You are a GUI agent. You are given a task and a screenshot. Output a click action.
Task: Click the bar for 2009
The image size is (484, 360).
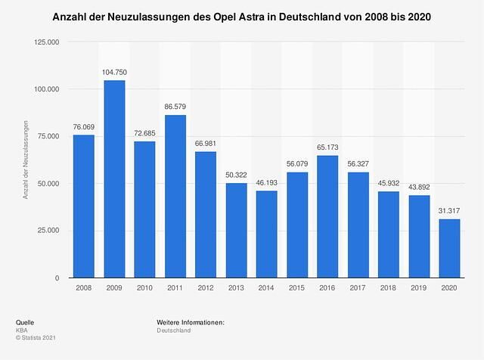click(114, 179)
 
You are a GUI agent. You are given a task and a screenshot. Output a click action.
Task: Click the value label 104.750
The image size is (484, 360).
click(114, 72)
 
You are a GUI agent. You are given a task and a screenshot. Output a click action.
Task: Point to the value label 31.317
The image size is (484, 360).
click(449, 211)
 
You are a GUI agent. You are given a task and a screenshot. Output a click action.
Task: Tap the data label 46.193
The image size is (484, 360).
click(266, 183)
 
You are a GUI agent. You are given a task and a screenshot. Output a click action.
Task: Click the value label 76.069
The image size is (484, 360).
click(84, 126)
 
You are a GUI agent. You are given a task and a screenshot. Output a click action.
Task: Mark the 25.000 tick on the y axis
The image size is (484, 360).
click(47, 231)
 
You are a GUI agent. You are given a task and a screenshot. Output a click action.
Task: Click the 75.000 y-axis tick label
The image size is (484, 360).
click(47, 137)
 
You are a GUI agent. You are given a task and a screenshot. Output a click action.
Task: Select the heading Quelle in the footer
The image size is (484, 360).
click(25, 322)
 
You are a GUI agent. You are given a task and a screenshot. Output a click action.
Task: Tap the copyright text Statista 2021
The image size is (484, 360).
click(38, 339)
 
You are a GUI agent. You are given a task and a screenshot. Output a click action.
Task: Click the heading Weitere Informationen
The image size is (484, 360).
click(191, 322)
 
